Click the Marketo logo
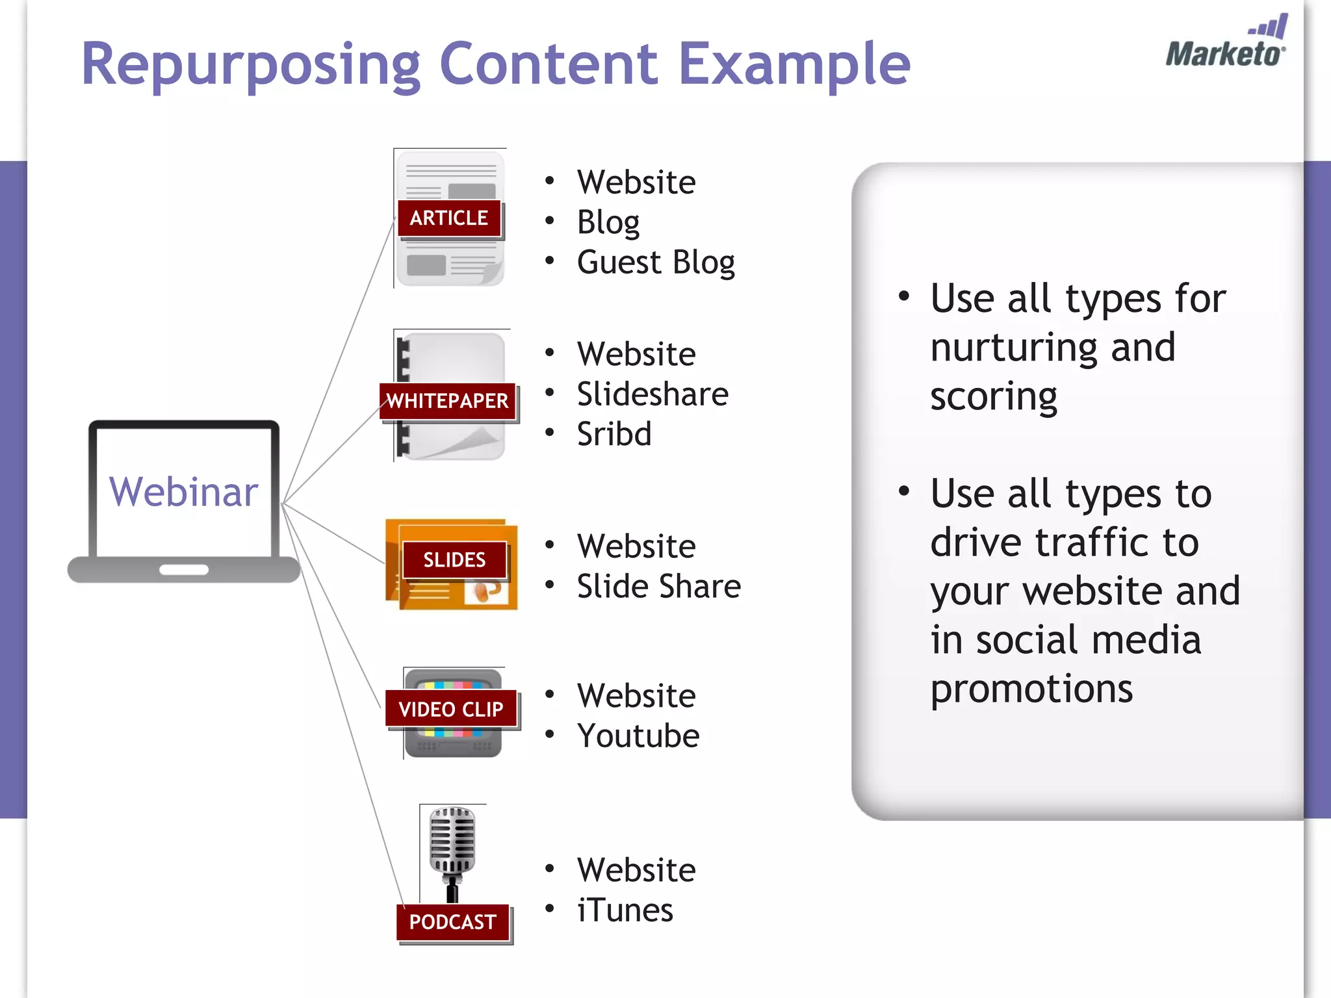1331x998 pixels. [x=1226, y=44]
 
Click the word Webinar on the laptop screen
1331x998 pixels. [x=183, y=492]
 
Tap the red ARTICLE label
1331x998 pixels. [x=448, y=218]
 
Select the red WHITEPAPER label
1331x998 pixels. [x=447, y=401]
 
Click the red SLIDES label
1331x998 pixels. [x=454, y=559]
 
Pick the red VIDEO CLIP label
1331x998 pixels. [x=451, y=709]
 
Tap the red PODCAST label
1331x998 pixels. [x=453, y=922]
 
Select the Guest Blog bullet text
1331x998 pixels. [x=656, y=262]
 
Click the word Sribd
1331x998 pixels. [x=614, y=434]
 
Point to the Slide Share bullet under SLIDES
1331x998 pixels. [x=659, y=587]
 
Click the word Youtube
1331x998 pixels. [x=638, y=736]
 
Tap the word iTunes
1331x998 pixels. [x=625, y=910]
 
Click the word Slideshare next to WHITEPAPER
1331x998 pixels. [x=653, y=394]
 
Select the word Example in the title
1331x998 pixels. [x=794, y=65]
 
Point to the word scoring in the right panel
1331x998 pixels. [x=994, y=397]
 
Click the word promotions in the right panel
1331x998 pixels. [x=1031, y=689]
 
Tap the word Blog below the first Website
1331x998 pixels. [x=608, y=223]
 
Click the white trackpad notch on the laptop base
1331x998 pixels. [x=184, y=570]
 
